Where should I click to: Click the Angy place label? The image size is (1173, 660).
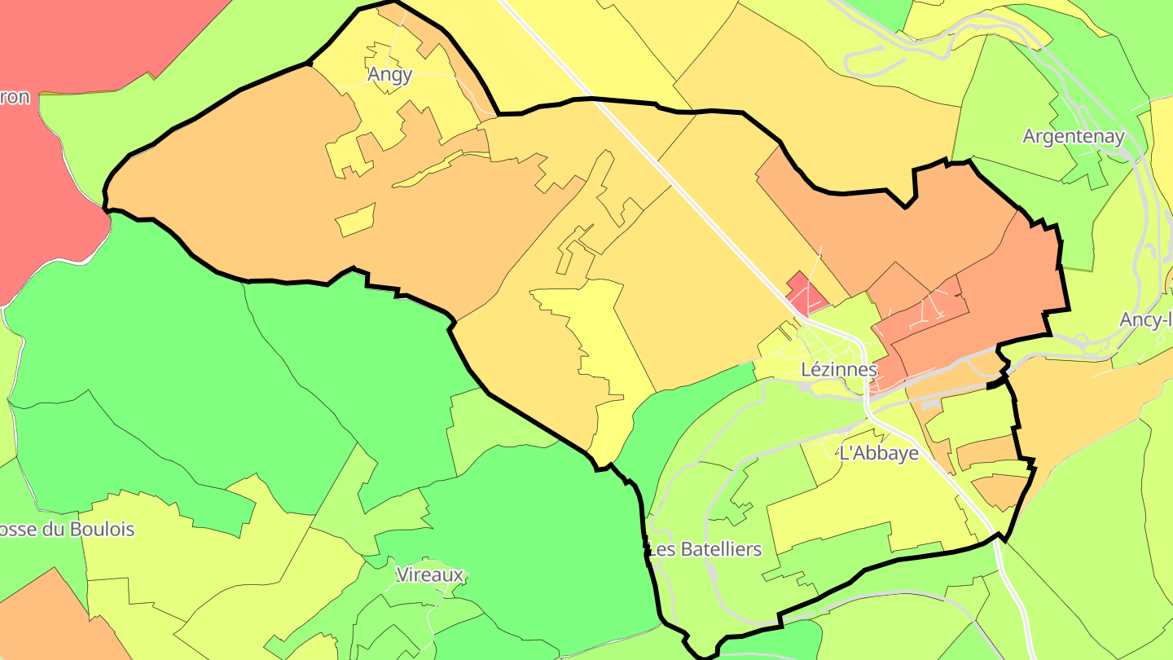tap(390, 75)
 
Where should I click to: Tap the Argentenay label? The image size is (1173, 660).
tap(1073, 137)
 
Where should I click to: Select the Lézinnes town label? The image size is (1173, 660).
tap(839, 369)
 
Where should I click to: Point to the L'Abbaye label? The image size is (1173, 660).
tap(879, 454)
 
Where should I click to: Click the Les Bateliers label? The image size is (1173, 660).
tap(705, 549)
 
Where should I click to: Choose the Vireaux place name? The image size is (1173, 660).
tap(429, 574)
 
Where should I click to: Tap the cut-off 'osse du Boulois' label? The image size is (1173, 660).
tap(67, 530)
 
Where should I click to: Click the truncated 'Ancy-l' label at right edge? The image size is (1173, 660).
tap(1145, 319)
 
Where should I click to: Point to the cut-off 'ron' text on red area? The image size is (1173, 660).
tap(15, 98)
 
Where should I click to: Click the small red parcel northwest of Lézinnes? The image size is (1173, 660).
tap(804, 294)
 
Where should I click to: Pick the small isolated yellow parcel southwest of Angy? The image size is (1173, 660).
tap(355, 220)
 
